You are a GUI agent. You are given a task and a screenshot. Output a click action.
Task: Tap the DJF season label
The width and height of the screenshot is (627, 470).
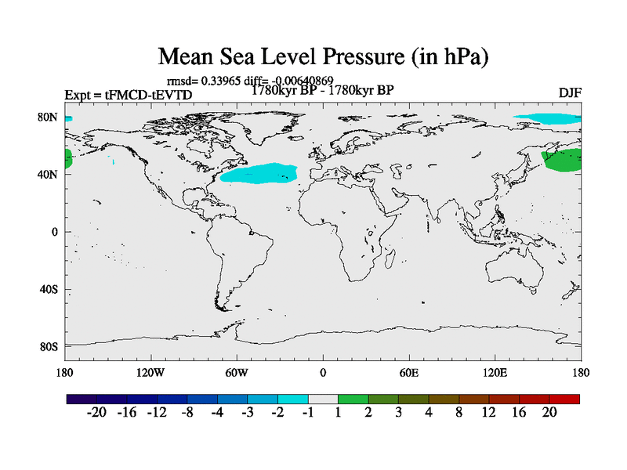[570, 93]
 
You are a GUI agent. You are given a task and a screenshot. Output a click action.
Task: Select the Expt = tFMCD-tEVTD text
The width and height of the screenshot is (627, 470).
[128, 95]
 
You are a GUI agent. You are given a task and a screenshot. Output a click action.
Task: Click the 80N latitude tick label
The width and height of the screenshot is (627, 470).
[49, 117]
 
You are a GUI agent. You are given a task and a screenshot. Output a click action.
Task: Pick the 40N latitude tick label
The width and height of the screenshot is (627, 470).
[49, 175]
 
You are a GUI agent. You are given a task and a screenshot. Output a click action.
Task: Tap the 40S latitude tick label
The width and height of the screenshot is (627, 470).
[49, 289]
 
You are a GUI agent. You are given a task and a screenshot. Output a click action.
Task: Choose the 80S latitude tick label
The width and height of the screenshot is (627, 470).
[49, 346]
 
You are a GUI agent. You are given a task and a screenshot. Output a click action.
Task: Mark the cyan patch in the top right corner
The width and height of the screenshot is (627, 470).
[549, 118]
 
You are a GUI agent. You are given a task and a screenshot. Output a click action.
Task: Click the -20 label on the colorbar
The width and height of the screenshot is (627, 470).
[97, 413]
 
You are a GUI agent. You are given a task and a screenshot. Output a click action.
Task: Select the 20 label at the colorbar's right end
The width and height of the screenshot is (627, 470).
[549, 413]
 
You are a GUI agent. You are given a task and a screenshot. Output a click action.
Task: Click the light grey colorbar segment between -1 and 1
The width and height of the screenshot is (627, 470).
[323, 399]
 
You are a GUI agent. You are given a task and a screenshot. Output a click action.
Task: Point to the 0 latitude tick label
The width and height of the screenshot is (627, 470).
[55, 232]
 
